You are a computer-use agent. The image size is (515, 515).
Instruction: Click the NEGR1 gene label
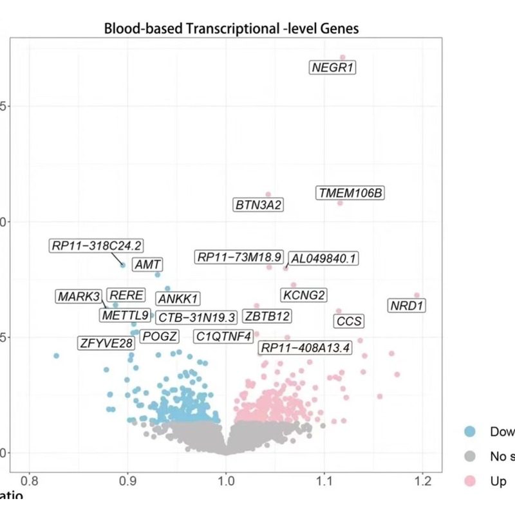click(x=333, y=68)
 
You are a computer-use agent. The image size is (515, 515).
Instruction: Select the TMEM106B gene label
click(x=351, y=192)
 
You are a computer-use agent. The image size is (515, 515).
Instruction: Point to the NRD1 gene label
click(x=407, y=305)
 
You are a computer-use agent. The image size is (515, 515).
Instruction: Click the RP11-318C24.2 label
click(x=97, y=245)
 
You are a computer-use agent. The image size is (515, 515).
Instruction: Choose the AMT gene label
click(x=147, y=265)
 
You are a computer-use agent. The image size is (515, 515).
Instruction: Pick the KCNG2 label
click(x=304, y=295)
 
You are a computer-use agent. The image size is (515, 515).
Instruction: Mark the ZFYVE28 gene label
click(x=107, y=342)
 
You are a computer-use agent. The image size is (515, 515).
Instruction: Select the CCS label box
click(x=350, y=321)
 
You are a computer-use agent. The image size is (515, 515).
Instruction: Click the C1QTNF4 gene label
click(x=224, y=336)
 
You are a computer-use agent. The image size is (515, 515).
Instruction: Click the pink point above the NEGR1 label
click(x=342, y=58)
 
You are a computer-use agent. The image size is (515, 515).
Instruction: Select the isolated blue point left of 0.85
click(x=57, y=355)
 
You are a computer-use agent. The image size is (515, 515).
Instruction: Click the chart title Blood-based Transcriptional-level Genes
click(x=231, y=29)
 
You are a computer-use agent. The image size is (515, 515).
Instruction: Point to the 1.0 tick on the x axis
click(x=226, y=480)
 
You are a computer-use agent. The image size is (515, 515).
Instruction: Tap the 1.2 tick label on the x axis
click(x=422, y=480)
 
